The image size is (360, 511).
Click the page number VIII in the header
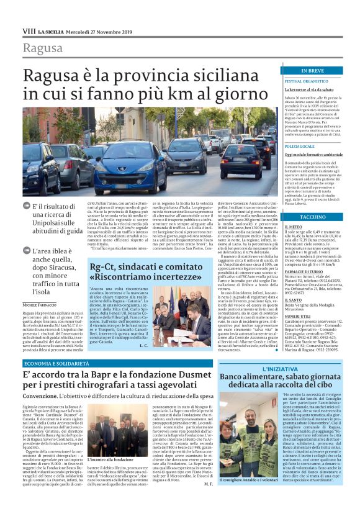[x=29, y=30]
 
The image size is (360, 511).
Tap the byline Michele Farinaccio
[x=43, y=305]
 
